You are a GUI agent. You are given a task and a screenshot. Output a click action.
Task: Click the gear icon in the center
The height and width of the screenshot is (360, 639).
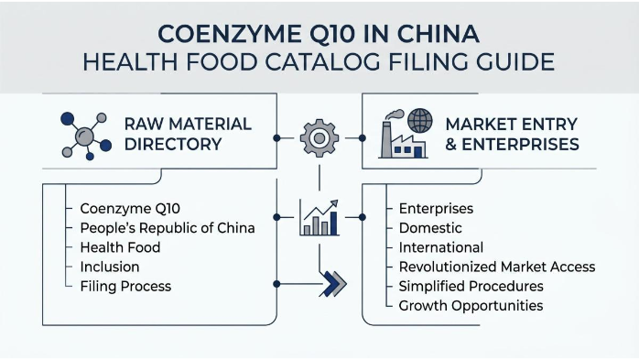tap(319, 138)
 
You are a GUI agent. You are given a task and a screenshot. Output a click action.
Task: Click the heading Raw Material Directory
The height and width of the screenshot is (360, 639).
tap(187, 134)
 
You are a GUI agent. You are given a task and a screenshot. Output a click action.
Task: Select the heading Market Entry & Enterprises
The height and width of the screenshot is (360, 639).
tap(512, 134)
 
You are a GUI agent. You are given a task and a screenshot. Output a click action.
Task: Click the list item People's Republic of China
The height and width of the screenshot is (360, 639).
tap(168, 227)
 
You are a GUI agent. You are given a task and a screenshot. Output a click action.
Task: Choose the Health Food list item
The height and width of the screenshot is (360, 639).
tap(120, 247)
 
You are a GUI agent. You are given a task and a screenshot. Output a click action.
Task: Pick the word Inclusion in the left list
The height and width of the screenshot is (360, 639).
tap(110, 267)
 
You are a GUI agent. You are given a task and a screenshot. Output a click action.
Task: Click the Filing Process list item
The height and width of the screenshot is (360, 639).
tap(125, 286)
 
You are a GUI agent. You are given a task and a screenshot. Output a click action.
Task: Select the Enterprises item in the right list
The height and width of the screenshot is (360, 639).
tap(436, 208)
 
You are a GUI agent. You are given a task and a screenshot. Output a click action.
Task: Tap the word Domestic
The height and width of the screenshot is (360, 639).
tap(430, 227)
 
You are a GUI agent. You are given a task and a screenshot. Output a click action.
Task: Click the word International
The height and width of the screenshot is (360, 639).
tap(441, 247)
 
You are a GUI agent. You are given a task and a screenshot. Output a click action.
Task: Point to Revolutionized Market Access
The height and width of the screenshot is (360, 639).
tap(497, 267)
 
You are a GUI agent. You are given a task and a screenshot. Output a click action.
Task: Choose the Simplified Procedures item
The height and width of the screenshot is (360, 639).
tap(471, 286)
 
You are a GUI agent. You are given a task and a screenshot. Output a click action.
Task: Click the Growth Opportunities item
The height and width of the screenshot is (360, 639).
tap(471, 305)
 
